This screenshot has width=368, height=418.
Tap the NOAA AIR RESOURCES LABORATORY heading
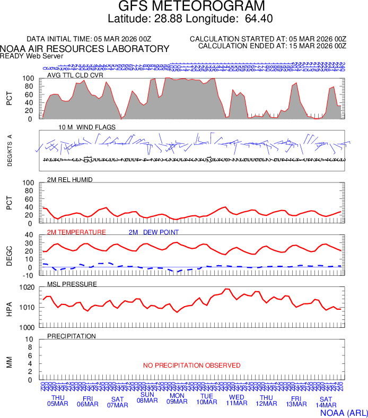[85, 49]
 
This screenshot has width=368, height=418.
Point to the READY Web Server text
[32, 56]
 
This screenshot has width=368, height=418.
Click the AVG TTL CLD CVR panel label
[75, 75]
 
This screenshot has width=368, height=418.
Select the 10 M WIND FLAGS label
[87, 127]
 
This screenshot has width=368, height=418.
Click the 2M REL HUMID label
[70, 180]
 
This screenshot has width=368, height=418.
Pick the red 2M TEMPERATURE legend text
[76, 232]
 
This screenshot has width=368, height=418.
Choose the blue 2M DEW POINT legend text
[154, 232]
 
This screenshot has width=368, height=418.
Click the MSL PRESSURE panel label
[72, 284]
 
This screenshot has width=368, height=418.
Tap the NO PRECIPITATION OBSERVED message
[192, 365]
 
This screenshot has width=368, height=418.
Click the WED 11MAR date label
[236, 400]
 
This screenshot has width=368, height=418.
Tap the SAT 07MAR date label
[118, 402]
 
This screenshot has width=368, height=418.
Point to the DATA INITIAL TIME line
[89, 39]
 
